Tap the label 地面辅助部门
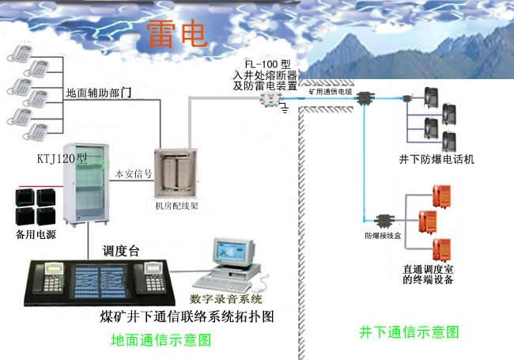point(98,93)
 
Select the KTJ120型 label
point(62,158)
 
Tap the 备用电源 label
point(36,235)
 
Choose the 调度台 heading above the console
point(121,251)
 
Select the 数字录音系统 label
point(226,299)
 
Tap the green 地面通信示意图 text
point(161,340)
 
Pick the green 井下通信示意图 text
point(409,332)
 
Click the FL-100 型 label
point(266,63)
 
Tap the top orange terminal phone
point(443,193)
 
